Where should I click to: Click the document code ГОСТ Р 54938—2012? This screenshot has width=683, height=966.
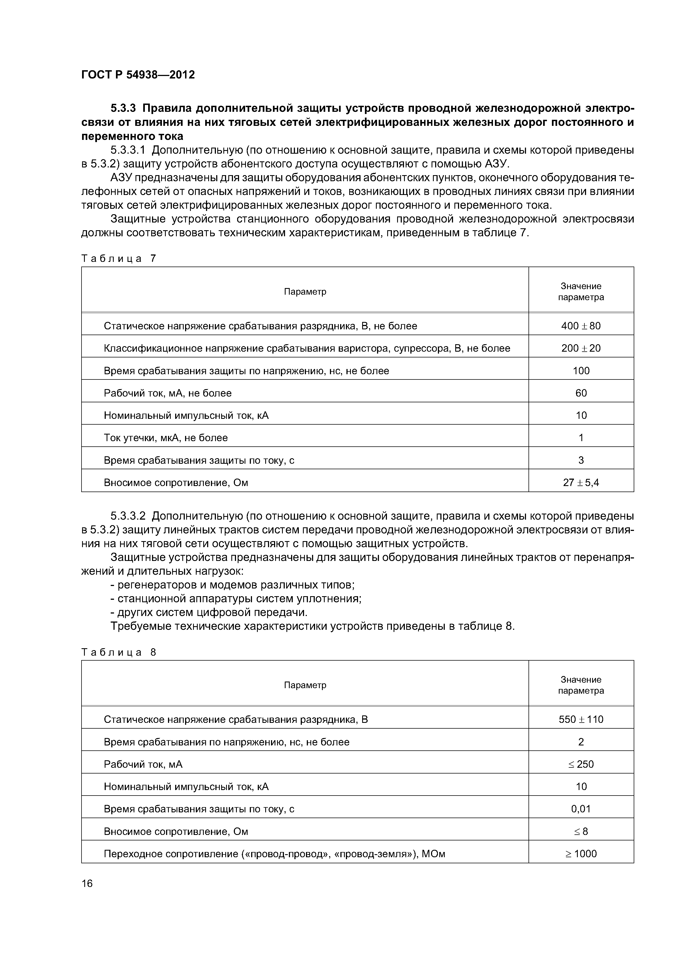coord(138,75)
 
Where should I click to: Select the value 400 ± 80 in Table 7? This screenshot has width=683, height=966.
coord(581,326)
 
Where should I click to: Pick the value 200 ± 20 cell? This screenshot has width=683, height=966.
coord(581,348)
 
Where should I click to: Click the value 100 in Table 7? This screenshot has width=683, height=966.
coord(581,371)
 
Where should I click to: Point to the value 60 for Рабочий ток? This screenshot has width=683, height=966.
coord(581,393)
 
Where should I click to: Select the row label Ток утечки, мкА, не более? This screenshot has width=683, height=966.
coord(166,438)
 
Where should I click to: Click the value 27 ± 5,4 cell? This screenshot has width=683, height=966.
coord(581,482)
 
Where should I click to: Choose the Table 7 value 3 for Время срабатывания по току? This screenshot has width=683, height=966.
coord(581,460)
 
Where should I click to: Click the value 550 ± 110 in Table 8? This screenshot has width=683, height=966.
coord(581,720)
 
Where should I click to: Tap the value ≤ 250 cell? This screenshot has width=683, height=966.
coord(581,764)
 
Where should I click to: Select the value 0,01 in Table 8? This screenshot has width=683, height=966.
coord(581,809)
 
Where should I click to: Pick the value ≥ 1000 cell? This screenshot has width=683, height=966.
coord(581,854)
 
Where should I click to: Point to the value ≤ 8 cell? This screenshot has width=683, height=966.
coord(581,831)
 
